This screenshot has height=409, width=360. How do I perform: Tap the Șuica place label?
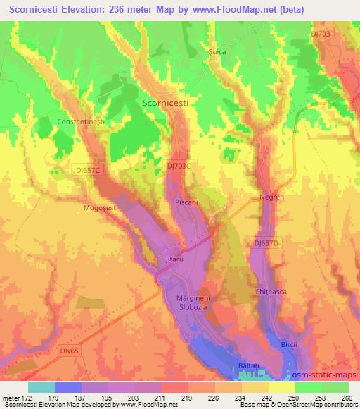click(217, 51)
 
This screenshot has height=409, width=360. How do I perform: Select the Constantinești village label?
click(81, 122)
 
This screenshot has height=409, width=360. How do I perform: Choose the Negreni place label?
click(270, 197)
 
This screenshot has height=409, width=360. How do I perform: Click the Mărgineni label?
click(192, 298)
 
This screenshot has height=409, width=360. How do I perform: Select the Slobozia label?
click(191, 308)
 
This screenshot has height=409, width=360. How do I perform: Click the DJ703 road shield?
click(320, 33)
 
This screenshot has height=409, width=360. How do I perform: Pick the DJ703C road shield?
click(179, 165)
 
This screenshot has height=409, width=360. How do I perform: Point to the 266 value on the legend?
click(347, 398)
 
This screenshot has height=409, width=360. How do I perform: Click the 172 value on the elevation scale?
click(27, 398)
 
